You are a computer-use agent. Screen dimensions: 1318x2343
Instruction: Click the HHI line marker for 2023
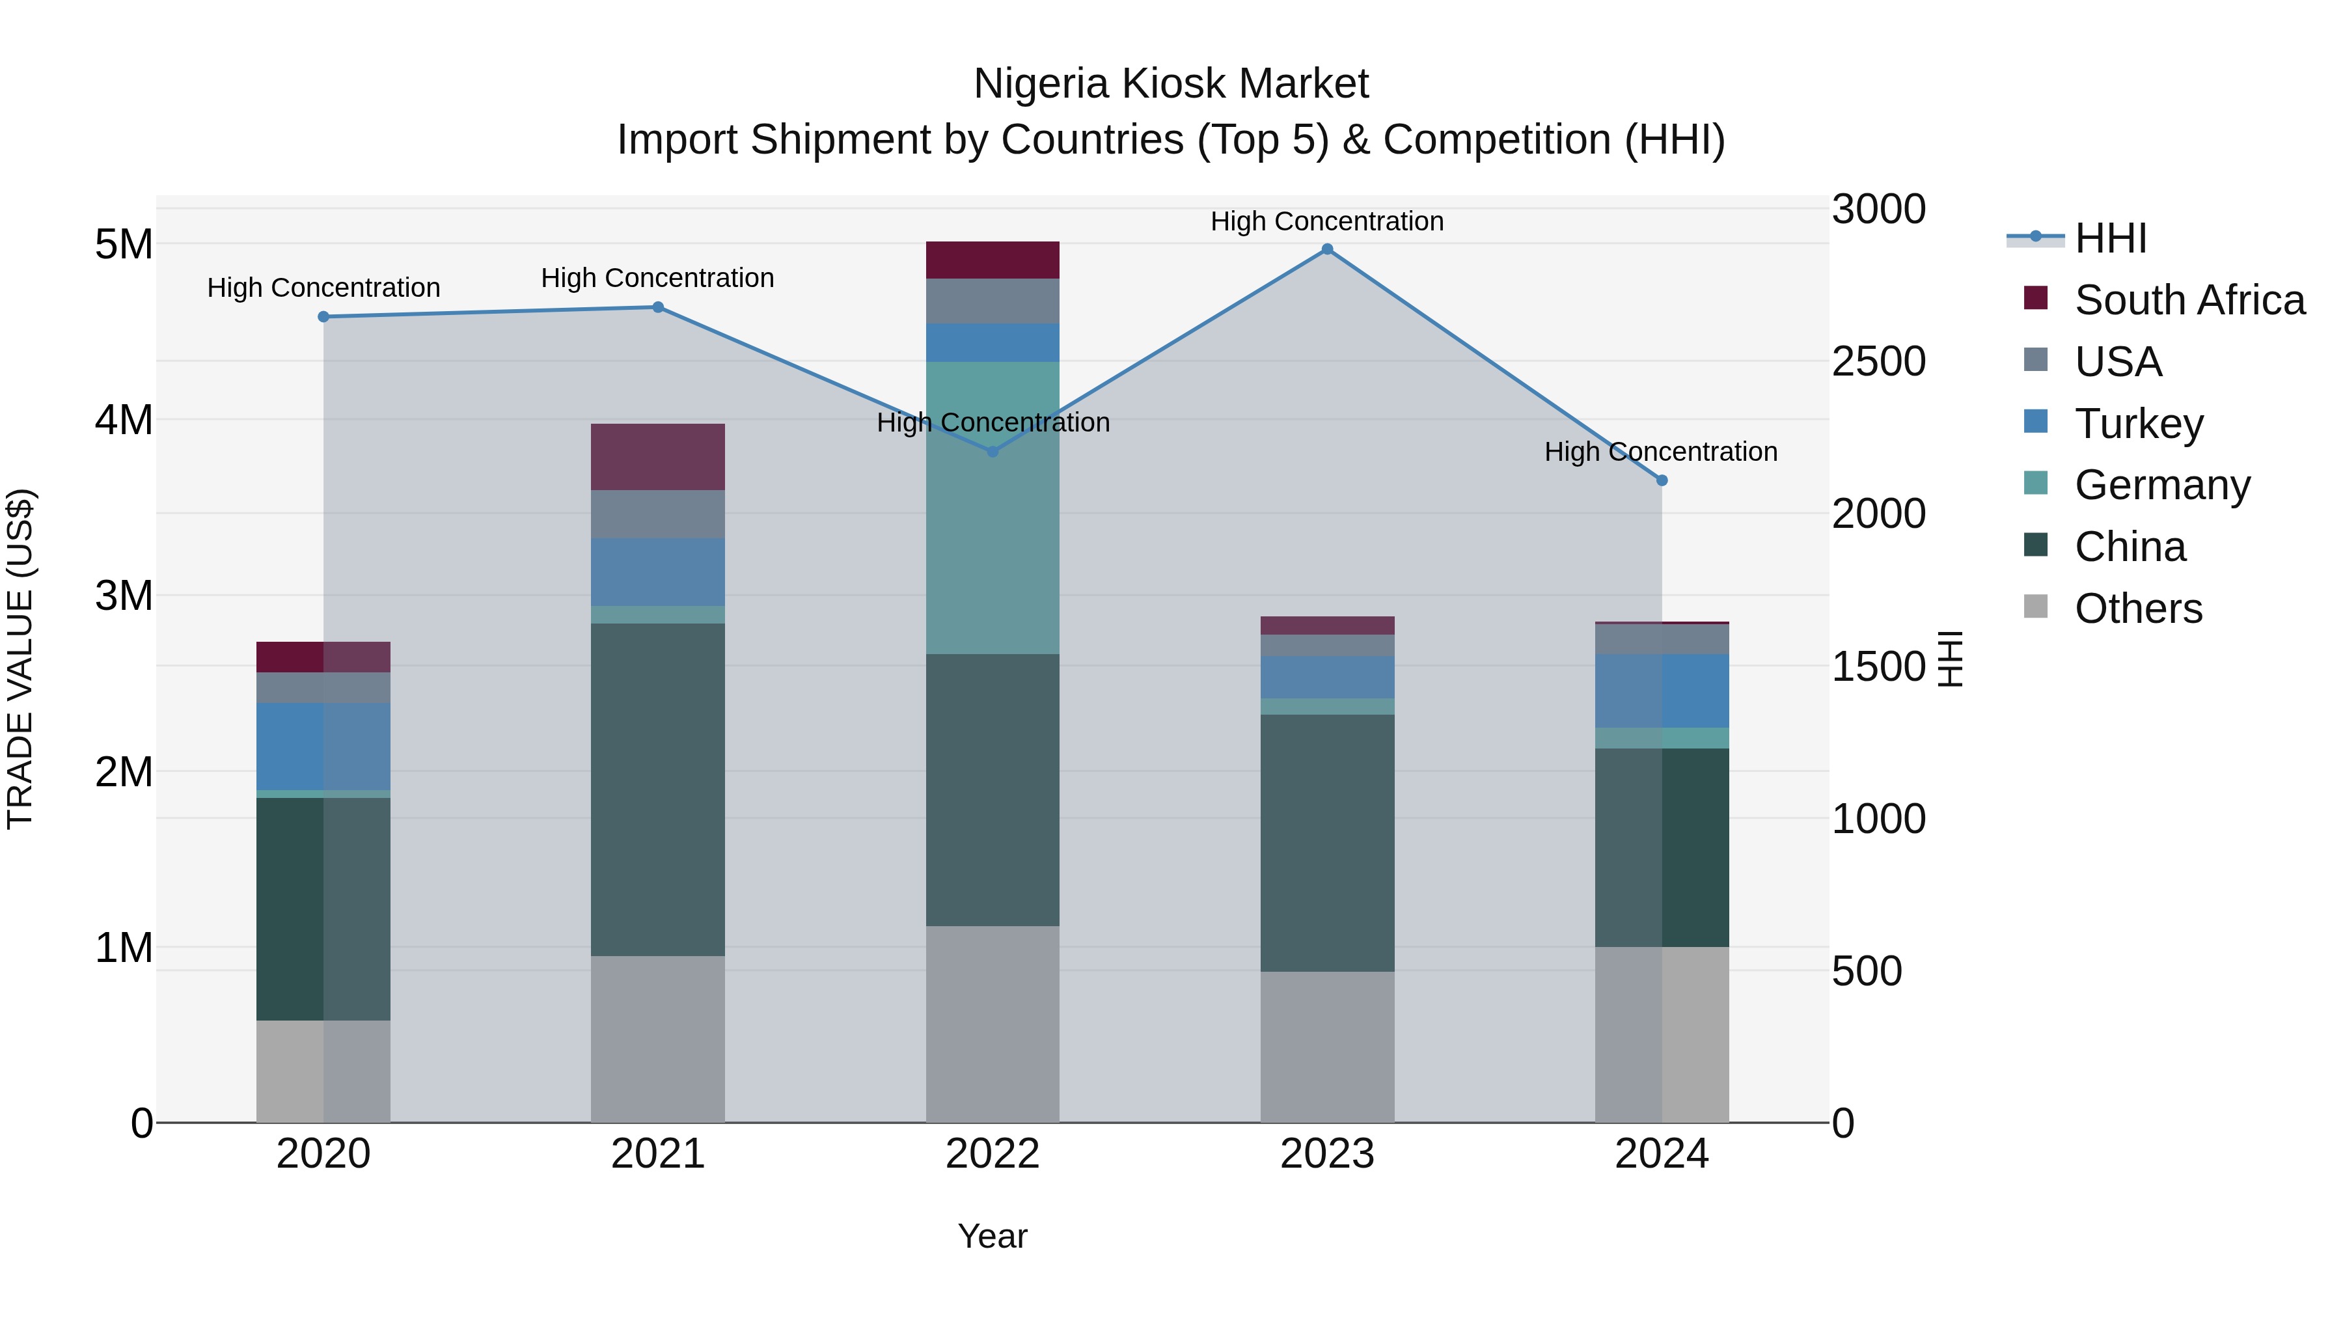(1327, 249)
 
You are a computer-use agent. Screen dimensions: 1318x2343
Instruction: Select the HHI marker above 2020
(324, 316)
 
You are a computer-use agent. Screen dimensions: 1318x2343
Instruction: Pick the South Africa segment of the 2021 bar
(657, 457)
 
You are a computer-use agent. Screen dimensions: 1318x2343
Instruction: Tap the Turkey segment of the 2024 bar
(1662, 691)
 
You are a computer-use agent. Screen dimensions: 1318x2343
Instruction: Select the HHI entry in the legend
(2110, 238)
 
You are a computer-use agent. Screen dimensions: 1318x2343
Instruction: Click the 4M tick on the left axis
(124, 420)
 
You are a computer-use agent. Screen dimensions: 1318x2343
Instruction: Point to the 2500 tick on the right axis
(1878, 362)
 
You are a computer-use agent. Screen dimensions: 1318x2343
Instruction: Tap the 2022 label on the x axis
(993, 1154)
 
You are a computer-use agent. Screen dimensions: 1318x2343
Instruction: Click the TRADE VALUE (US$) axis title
(20, 659)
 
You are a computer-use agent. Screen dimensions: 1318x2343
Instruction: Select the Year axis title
(993, 1236)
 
